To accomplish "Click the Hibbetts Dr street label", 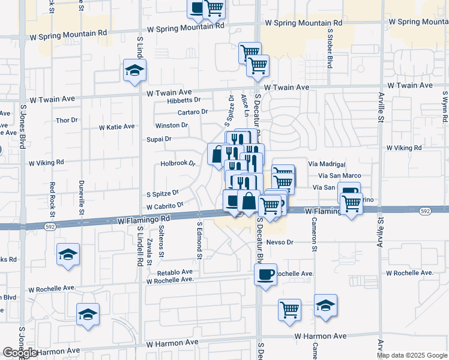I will tap(184, 100).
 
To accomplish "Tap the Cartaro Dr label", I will tap(193, 112).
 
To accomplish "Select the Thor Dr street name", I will tap(67, 120).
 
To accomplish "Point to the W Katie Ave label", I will tap(116, 127).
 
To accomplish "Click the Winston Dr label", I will tap(172, 125).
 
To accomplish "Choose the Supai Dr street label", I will tap(159, 139).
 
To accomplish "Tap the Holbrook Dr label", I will tap(178, 163).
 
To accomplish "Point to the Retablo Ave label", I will tap(175, 272).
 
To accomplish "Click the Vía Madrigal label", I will tap(327, 164).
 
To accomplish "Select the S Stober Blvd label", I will tap(330, 47).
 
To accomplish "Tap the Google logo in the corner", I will tap(19, 353).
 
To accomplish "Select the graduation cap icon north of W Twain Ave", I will tap(135, 70).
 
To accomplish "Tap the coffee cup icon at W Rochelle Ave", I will tap(265, 274).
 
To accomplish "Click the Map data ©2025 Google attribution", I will tap(412, 355).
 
